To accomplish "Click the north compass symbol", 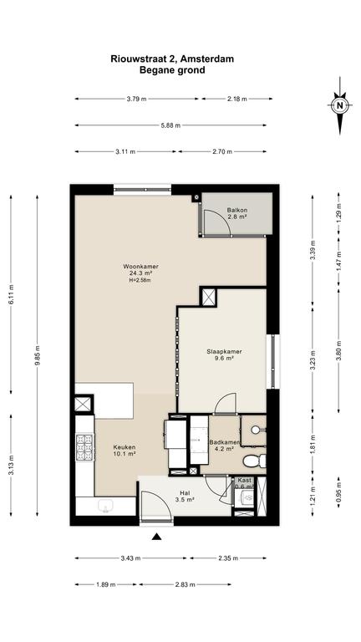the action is click(x=339, y=105).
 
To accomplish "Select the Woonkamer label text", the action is click(x=140, y=267).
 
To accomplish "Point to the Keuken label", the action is click(x=125, y=447).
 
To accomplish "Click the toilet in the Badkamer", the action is click(x=254, y=461).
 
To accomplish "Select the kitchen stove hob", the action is click(x=84, y=448).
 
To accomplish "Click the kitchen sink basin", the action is click(x=106, y=507).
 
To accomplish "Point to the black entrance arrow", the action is click(x=156, y=537).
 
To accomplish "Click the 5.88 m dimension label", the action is click(x=170, y=125).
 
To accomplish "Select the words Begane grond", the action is click(x=172, y=70).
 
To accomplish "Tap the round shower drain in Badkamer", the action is click(x=256, y=430).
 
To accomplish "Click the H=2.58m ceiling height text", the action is click(x=140, y=280).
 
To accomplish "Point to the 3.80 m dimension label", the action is click(x=338, y=351).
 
